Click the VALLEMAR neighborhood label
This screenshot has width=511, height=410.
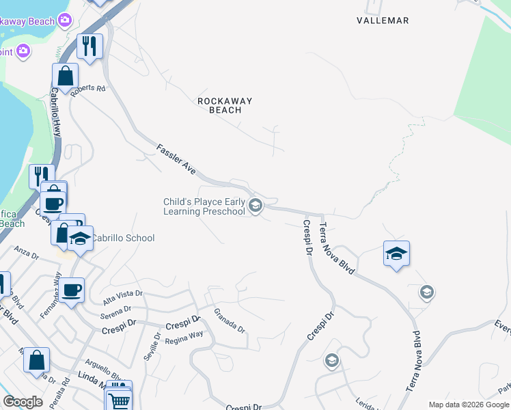click(x=383, y=20)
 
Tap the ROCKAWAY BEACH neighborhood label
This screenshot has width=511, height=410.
click(x=225, y=105)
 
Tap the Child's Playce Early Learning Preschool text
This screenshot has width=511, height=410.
click(x=204, y=206)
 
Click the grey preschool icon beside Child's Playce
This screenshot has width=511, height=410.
click(x=255, y=205)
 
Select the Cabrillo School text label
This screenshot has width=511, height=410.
click(x=124, y=238)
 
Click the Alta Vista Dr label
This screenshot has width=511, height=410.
click(x=122, y=297)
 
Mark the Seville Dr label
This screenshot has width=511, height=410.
click(x=151, y=347)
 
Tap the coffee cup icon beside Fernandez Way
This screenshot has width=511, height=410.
click(x=71, y=290)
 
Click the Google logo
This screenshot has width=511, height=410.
click(x=23, y=402)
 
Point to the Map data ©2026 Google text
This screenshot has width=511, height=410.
click(x=469, y=405)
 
